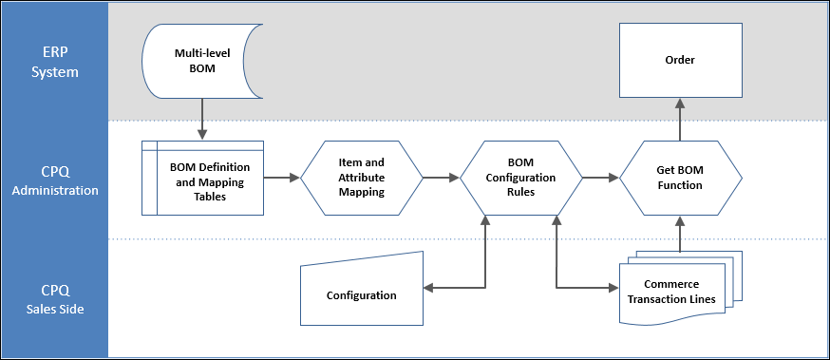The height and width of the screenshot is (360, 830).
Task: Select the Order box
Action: click(x=679, y=61)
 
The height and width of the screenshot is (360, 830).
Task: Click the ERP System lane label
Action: click(x=55, y=61)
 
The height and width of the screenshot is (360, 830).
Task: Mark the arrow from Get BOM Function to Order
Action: click(x=679, y=119)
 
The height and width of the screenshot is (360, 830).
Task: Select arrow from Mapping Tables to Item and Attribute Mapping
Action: click(x=282, y=177)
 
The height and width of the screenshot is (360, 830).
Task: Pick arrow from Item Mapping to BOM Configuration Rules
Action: click(x=441, y=177)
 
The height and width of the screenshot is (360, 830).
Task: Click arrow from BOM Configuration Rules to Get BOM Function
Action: click(x=600, y=177)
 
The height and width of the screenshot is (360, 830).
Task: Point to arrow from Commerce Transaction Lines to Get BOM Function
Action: click(x=679, y=234)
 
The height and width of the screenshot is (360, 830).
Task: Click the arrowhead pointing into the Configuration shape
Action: click(x=426, y=287)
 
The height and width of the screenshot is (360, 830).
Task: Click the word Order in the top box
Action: click(x=679, y=60)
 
